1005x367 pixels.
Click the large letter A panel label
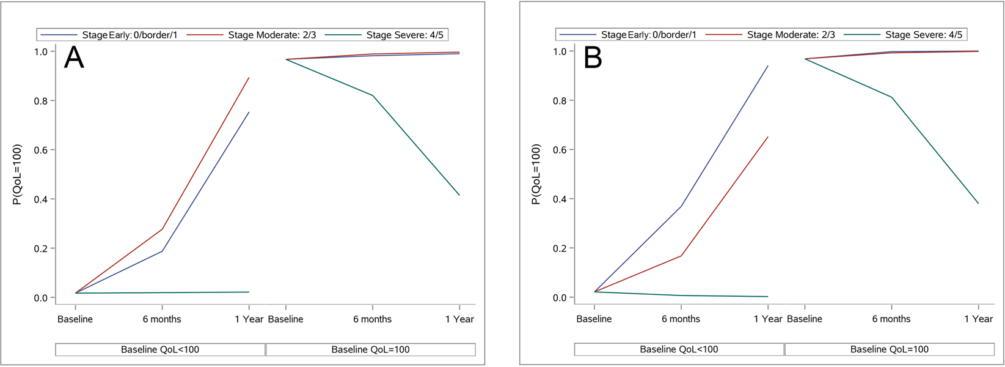[x=74, y=58]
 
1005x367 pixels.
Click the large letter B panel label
[x=593, y=58]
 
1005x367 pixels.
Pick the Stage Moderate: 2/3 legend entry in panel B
[x=791, y=35]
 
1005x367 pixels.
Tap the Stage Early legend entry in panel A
[x=130, y=35]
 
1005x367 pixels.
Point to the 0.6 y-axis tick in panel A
[x=40, y=150]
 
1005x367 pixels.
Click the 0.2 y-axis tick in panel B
[x=560, y=248]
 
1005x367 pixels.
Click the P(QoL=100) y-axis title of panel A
[x=18, y=174]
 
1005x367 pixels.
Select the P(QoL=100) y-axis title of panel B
[x=536, y=174]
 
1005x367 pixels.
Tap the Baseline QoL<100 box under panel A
[x=160, y=350]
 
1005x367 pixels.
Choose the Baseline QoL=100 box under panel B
[x=889, y=350]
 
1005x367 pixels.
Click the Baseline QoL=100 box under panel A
[x=370, y=350]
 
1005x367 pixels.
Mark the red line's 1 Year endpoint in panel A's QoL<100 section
[x=249, y=78]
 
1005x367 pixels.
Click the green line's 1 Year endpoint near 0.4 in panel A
[x=459, y=195]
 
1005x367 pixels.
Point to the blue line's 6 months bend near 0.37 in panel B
[x=681, y=207]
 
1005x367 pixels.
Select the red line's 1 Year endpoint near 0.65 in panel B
[x=767, y=137]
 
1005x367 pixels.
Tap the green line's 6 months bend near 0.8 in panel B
[x=891, y=97]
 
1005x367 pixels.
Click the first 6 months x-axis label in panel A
[x=162, y=319]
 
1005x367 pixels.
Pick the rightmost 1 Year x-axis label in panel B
[x=978, y=319]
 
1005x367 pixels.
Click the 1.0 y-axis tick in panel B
[x=560, y=51]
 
